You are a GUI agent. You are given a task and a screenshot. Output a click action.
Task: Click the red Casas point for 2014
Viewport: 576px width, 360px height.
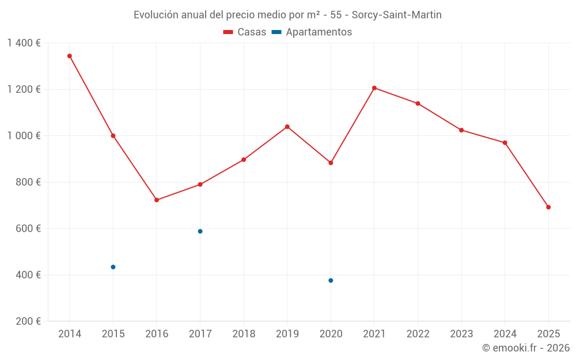70,56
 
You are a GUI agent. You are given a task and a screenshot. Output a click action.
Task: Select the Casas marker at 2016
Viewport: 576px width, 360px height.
157,200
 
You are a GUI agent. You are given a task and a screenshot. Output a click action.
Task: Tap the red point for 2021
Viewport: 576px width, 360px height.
374,88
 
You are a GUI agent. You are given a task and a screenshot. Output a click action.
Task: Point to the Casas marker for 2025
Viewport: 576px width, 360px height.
548,207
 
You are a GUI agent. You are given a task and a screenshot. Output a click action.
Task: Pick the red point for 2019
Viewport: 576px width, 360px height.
287,127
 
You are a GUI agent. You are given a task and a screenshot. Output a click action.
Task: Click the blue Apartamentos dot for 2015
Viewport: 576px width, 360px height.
113,267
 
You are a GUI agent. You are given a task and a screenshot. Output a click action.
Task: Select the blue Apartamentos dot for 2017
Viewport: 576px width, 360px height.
200,232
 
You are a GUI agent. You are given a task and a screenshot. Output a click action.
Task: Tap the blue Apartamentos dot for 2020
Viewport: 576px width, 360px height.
331,281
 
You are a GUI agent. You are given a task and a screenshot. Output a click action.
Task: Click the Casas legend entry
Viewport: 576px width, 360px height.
245,32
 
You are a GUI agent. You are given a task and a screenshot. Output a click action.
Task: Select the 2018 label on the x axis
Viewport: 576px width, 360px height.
244,334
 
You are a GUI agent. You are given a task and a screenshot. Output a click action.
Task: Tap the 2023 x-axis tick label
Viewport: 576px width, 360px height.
461,334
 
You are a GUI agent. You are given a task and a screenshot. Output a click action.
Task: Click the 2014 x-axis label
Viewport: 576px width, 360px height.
70,334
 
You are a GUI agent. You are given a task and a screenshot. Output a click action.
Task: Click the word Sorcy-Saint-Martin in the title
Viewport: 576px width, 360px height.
396,15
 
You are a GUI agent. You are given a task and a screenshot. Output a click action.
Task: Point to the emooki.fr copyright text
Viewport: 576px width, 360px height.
526,348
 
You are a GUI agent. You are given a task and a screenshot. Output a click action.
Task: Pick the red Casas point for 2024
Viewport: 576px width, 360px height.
505,143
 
